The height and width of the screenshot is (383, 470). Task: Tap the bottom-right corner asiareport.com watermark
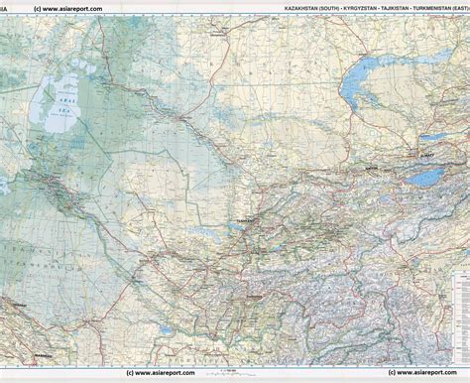[x=425, y=376]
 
